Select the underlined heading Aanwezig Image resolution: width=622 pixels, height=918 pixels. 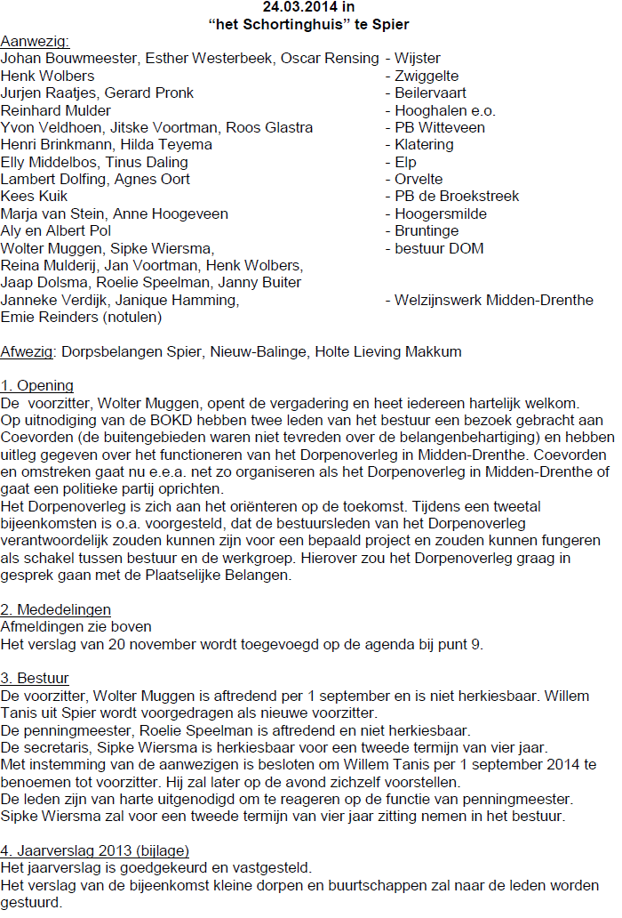(x=35, y=41)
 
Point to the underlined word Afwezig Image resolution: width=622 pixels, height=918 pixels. (x=28, y=351)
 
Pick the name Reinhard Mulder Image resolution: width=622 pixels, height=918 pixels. (x=56, y=110)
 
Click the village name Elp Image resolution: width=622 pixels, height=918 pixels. (x=406, y=162)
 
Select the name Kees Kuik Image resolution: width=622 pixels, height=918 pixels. (x=34, y=196)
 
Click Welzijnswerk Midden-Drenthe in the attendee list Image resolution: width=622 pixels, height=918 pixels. (x=494, y=300)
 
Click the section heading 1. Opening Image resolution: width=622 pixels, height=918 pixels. (x=37, y=386)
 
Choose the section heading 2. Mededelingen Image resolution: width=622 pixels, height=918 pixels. (x=56, y=609)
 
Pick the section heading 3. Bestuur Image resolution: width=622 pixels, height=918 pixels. (x=36, y=679)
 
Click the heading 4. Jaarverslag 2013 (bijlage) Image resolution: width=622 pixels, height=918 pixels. (x=94, y=850)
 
